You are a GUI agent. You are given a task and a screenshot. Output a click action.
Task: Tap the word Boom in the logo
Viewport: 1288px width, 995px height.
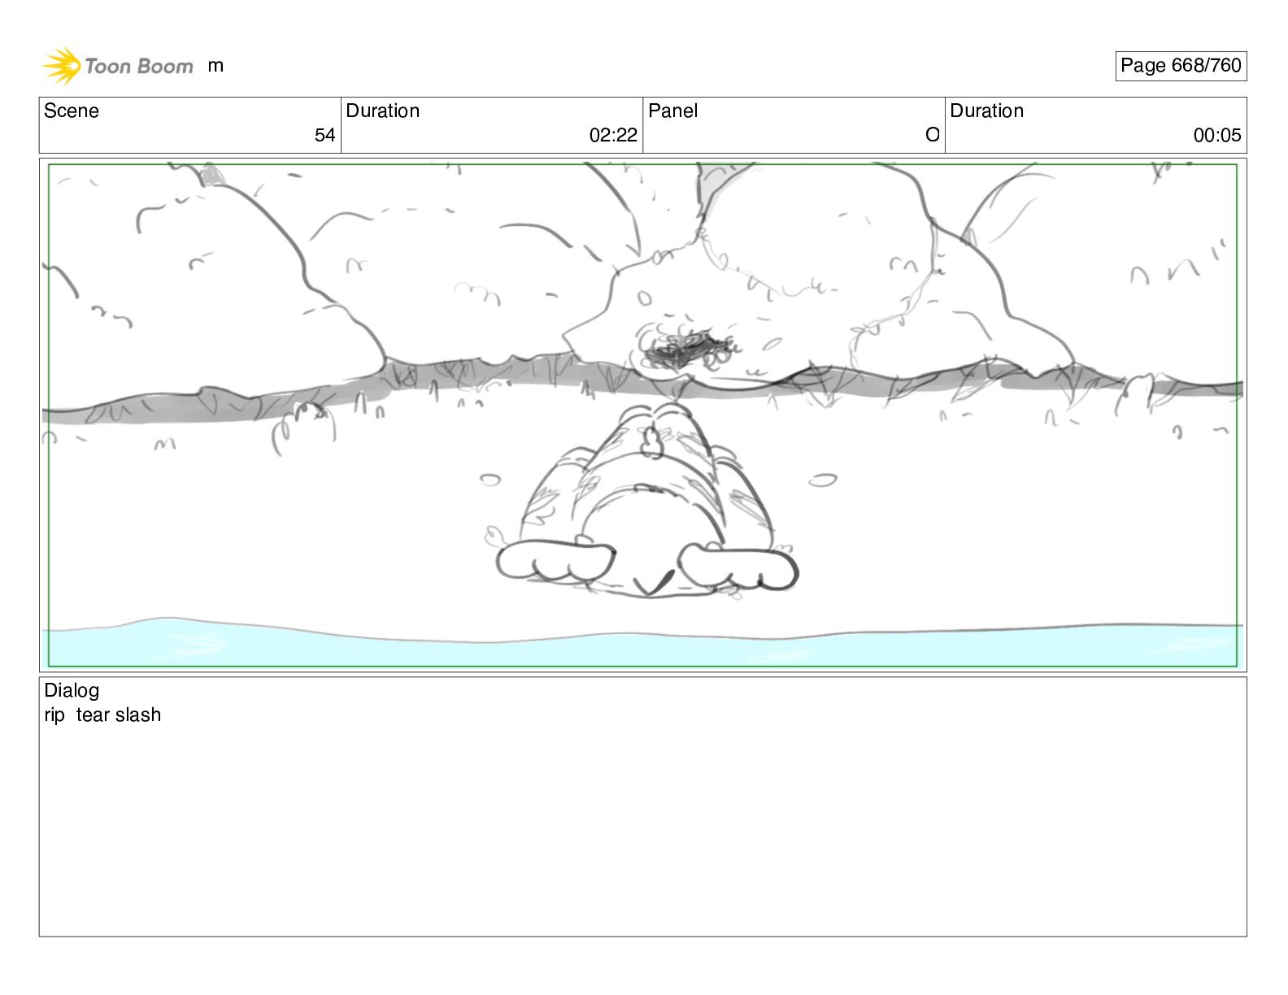166,67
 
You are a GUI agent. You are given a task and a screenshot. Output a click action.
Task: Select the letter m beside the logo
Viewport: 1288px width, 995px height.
215,66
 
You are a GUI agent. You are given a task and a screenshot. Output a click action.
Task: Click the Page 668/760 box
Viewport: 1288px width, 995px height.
1181,66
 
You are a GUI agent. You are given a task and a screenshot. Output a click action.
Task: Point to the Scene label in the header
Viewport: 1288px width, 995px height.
71,111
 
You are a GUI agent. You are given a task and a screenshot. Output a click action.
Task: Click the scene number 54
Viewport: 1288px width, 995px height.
324,135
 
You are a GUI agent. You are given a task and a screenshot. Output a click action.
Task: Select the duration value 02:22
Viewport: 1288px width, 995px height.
613,135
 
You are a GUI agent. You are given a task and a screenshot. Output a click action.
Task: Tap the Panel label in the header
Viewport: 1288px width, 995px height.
672,111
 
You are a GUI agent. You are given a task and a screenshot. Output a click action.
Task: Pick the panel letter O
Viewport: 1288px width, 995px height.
933,135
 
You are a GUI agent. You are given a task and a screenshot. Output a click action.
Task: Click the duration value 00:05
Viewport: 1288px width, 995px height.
1217,135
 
